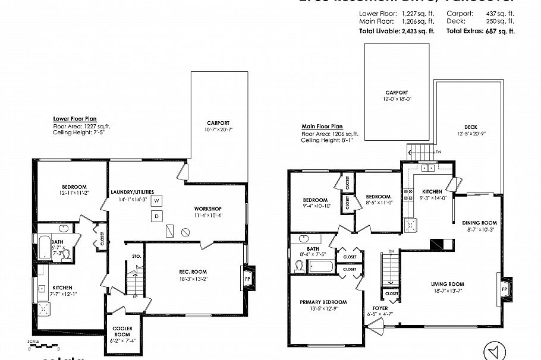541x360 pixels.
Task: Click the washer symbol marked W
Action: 157,201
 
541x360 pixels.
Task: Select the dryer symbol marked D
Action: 157,216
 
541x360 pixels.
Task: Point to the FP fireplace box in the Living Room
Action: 505,289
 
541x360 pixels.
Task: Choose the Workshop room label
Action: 207,209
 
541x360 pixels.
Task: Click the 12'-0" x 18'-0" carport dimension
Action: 396,99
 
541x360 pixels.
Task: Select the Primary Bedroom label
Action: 323,302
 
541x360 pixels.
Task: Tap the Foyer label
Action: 380,308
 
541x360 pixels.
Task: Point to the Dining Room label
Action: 479,223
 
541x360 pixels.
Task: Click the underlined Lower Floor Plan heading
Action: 75,118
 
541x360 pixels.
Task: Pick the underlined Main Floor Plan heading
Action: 322,126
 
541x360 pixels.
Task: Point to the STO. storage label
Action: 136,257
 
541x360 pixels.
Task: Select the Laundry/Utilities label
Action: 133,192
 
